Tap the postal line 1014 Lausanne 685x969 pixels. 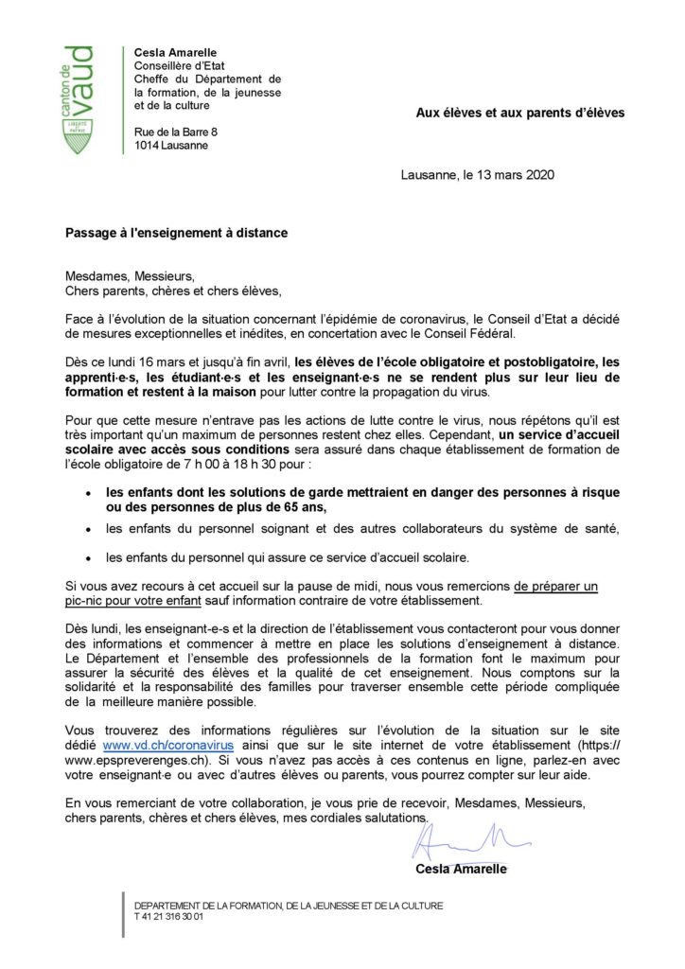coord(171,145)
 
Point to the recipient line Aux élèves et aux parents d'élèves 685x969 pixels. coord(520,113)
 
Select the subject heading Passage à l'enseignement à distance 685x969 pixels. coord(176,232)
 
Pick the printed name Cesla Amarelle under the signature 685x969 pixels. coord(460,869)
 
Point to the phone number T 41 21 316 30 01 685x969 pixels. coord(168,917)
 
